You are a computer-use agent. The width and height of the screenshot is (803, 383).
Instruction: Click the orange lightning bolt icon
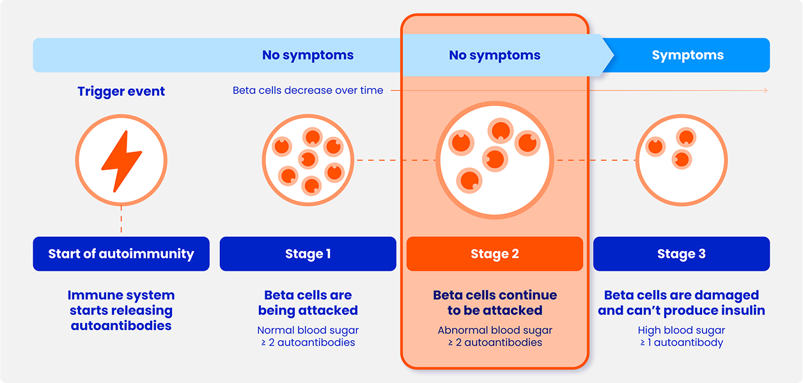[121, 160]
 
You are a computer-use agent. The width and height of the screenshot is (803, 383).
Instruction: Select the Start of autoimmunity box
[121, 254]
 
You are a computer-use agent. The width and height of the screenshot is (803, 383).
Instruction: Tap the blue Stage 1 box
[308, 254]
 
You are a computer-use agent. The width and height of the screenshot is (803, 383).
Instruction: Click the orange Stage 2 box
[494, 254]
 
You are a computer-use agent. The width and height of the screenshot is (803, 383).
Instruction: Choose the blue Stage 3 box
[681, 254]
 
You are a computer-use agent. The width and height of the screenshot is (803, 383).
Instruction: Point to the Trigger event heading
[121, 91]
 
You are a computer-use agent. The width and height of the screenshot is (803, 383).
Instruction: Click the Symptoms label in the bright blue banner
[687, 56]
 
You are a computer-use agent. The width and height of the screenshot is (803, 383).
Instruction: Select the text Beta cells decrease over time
[308, 91]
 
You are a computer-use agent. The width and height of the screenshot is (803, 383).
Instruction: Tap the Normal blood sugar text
[308, 331]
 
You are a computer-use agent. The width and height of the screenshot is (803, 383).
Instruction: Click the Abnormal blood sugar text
[494, 331]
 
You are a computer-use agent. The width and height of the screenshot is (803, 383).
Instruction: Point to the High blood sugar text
[681, 331]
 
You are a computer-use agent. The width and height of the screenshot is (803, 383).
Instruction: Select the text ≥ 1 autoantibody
[681, 343]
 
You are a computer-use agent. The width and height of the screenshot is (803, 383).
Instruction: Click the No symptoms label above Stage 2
[494, 56]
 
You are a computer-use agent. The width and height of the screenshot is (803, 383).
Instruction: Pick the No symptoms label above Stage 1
[308, 56]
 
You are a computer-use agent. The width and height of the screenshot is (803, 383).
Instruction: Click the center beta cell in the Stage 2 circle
[494, 158]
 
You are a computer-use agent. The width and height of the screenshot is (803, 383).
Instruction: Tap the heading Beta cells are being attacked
[308, 303]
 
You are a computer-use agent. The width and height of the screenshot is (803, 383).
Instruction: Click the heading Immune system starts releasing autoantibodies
[121, 310]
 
